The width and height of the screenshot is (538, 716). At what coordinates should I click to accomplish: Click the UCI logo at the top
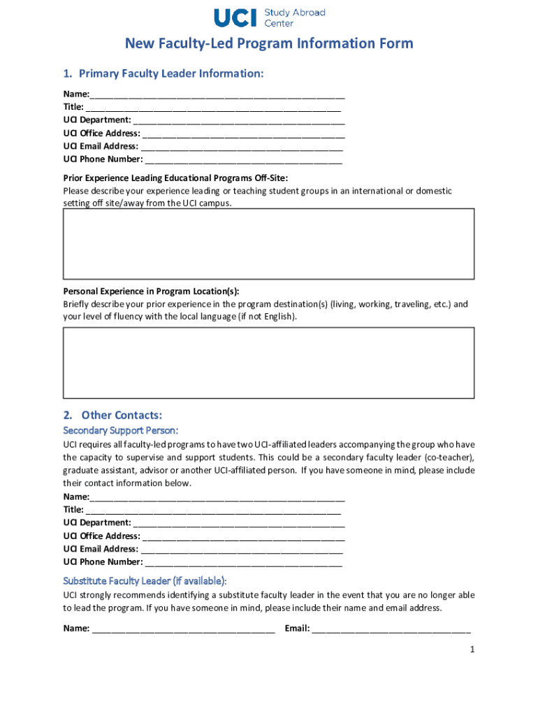coord(235,17)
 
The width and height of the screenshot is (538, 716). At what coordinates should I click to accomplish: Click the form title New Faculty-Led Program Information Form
coord(269,44)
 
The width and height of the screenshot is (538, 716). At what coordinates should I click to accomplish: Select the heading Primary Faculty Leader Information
coord(163,73)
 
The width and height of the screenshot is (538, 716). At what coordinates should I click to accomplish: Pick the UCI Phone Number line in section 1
coord(242,159)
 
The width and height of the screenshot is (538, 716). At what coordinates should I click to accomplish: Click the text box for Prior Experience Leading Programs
coord(269,244)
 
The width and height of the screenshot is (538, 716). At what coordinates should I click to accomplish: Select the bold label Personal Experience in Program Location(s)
coord(156,292)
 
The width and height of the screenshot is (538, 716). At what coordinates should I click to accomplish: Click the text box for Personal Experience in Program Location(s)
coord(269,363)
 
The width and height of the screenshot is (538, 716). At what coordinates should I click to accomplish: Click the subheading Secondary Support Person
coord(121,430)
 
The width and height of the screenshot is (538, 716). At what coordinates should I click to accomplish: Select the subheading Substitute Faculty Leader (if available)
coord(145,581)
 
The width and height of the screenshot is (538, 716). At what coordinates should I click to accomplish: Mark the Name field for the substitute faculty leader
coord(183,629)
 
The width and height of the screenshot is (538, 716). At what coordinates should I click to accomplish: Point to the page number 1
coord(472,650)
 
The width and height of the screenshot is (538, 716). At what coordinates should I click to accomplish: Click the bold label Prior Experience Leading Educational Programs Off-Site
coord(175,178)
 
